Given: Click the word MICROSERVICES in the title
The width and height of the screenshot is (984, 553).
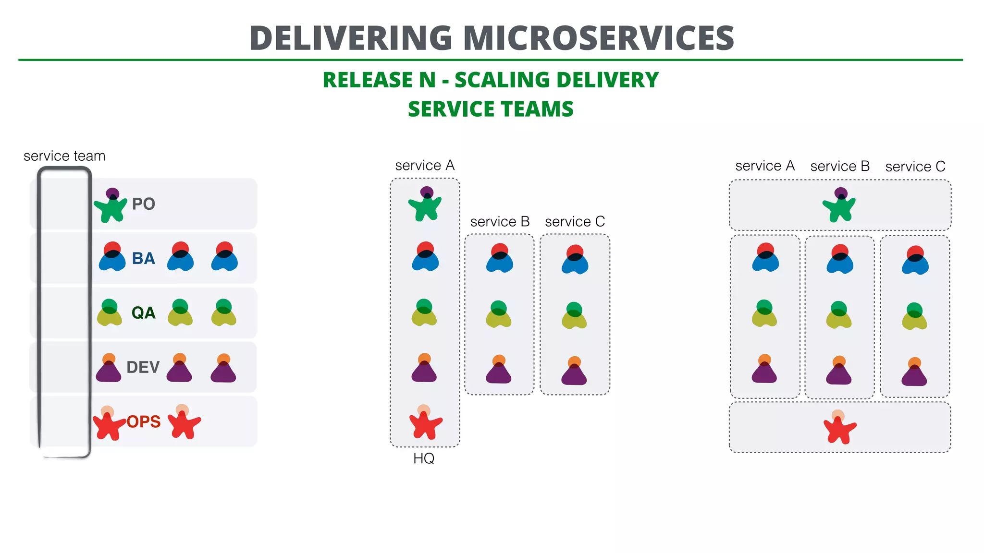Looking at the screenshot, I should pyautogui.click(x=598, y=38).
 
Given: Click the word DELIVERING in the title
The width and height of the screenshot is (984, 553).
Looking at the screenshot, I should pyautogui.click(x=351, y=38).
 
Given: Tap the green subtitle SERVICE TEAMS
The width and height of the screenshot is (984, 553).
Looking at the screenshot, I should pyautogui.click(x=491, y=109).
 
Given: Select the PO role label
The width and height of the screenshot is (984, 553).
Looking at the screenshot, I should pyautogui.click(x=143, y=204).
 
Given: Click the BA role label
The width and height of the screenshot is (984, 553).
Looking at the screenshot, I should pyautogui.click(x=143, y=258).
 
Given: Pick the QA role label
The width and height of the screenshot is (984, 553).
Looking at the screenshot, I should pyautogui.click(x=143, y=313).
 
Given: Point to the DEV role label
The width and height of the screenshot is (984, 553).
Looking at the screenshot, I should pyautogui.click(x=143, y=367).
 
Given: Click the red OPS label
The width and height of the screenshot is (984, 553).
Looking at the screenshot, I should pyautogui.click(x=143, y=421).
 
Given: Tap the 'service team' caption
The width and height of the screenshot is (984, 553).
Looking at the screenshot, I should pyautogui.click(x=64, y=156).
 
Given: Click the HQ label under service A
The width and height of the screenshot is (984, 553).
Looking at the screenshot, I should pyautogui.click(x=424, y=458).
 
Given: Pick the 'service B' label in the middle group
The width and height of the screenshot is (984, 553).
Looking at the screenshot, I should pyautogui.click(x=500, y=222).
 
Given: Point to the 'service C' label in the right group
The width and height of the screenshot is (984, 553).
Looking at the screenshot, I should pyautogui.click(x=915, y=167).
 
